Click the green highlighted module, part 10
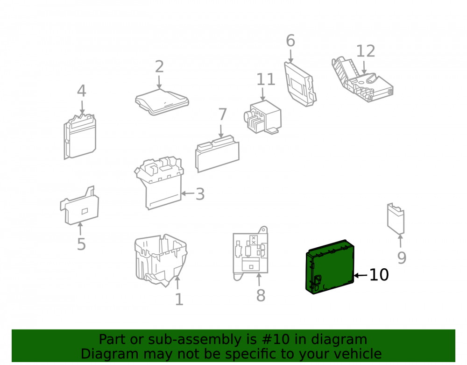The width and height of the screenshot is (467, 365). (330, 267)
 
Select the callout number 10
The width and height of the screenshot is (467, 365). (379, 275)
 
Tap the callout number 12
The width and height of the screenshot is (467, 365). (366, 51)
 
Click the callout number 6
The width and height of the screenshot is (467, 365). (290, 41)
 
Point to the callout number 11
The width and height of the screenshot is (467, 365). (266, 79)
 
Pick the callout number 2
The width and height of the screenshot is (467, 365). (159, 67)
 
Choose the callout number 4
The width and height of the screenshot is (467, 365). (82, 91)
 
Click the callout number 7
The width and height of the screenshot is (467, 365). (222, 115)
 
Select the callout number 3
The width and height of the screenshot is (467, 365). (200, 194)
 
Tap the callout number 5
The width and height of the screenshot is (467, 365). (81, 244)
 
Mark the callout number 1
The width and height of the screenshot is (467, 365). (179, 300)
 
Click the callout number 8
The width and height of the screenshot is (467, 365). (261, 295)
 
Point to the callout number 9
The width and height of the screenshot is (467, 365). (402, 258)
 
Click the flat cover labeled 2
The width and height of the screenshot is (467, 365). (162, 102)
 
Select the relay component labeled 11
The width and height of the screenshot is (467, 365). (262, 117)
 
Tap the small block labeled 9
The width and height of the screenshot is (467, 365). (396, 219)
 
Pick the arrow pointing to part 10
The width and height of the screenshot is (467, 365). (361, 275)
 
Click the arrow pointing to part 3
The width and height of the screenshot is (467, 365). (188, 193)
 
